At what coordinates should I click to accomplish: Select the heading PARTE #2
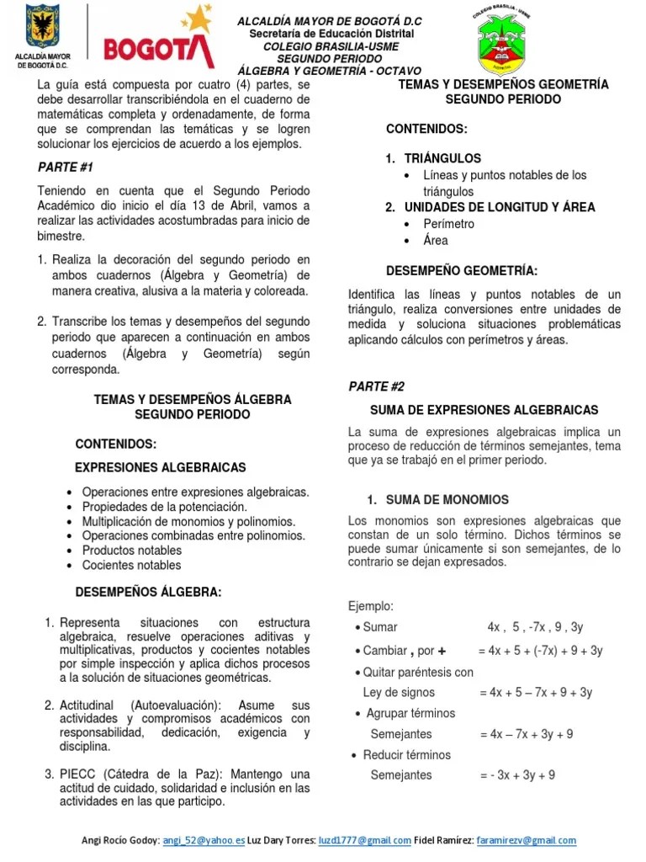coord(376,386)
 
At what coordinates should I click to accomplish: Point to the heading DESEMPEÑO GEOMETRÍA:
coord(461,270)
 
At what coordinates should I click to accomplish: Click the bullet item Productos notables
coord(131,550)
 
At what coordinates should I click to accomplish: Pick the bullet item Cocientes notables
coord(131,565)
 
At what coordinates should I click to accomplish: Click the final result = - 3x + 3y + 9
coord(516,775)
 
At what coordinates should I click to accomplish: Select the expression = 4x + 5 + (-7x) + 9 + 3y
coord(540,651)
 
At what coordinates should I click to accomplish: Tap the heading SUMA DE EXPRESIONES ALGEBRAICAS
coord(484,409)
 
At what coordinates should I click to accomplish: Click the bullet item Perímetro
coord(450,224)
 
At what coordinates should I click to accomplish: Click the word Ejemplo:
coord(371,606)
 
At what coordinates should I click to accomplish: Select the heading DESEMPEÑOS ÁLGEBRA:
coord(149,593)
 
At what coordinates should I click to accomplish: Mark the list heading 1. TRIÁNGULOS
coord(433,158)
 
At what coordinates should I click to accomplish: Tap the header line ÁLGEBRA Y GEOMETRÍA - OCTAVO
coord(329,71)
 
